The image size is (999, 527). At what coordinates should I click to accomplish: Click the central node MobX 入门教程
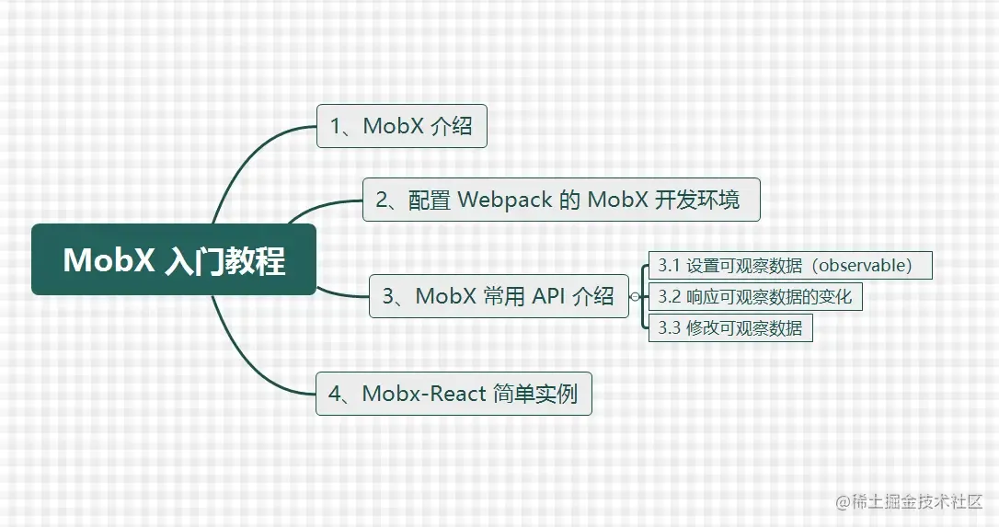pos(174,259)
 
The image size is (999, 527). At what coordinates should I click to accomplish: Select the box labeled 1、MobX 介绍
pos(402,126)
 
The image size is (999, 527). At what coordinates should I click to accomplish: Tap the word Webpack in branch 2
pos(505,200)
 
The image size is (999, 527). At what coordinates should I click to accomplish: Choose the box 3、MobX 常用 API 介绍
pos(499,296)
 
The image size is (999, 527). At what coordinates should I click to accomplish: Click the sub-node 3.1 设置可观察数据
pos(790,265)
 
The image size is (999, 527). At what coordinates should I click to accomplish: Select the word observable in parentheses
pos(865,265)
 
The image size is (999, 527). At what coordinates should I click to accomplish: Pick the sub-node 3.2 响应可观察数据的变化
pos(755,296)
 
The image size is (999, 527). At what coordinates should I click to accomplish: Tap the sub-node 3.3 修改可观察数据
pos(730,327)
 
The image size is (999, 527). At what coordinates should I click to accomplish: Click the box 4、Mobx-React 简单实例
pos(454,394)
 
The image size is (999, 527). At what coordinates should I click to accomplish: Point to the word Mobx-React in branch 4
pos(424,394)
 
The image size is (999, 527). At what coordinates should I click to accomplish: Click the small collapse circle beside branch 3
pos(635,296)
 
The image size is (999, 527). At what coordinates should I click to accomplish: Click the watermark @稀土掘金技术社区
pos(909,501)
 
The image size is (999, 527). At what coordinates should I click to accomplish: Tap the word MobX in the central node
pos(109,260)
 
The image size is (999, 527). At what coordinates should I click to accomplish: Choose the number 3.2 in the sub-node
pos(670,297)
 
